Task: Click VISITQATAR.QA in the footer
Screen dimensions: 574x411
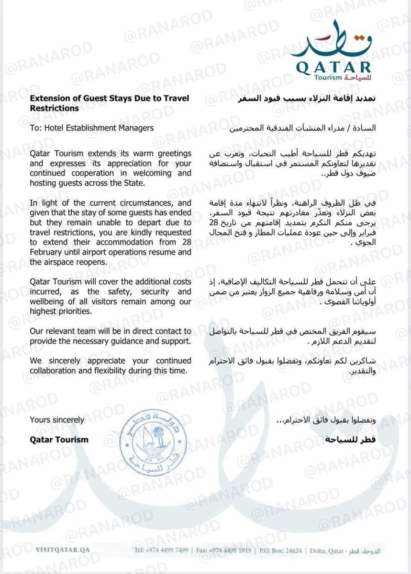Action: click(x=62, y=550)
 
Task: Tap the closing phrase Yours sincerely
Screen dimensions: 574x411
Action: click(x=57, y=420)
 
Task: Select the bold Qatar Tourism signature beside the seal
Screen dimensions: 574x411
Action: click(x=59, y=440)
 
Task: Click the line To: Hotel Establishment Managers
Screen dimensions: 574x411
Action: click(x=92, y=128)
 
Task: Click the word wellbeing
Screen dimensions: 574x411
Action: click(x=49, y=301)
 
